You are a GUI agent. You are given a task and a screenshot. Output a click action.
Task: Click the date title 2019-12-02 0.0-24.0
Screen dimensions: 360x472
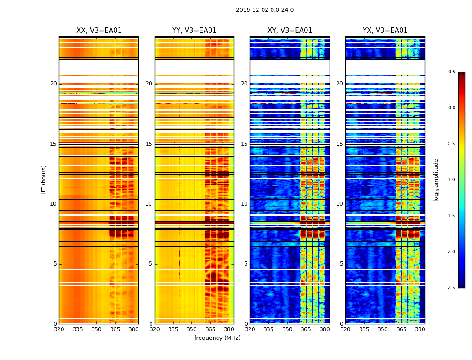(x=265, y=10)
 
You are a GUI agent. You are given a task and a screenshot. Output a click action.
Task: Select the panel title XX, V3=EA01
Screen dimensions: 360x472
(x=99, y=31)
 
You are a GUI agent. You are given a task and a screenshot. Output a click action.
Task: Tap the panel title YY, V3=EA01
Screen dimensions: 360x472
(x=194, y=31)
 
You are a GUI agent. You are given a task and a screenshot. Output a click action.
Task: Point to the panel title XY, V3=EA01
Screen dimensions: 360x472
(x=290, y=31)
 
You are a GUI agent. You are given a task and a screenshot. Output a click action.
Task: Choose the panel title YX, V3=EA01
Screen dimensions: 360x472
(x=385, y=31)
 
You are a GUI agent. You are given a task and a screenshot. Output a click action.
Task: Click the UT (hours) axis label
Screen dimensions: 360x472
(x=44, y=180)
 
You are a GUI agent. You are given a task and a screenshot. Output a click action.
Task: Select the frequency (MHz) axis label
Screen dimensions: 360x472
(x=217, y=338)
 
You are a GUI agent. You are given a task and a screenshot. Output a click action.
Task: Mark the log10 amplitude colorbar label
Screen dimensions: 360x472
(x=436, y=180)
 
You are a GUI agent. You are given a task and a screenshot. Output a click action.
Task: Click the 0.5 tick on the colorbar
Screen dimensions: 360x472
(x=451, y=72)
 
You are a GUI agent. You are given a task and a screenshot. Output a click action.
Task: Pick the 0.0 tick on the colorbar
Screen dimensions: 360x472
(x=451, y=108)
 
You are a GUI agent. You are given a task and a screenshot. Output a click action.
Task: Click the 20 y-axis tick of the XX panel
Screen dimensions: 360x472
(x=54, y=84)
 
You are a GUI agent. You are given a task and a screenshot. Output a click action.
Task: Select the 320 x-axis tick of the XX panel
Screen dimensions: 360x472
(x=59, y=329)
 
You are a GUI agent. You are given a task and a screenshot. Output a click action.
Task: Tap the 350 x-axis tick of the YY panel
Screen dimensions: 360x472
(x=192, y=329)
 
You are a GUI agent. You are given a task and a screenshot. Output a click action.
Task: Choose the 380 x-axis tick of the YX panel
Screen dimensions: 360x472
(x=420, y=329)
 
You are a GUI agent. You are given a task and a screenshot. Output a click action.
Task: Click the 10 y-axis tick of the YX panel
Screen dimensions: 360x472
(x=340, y=204)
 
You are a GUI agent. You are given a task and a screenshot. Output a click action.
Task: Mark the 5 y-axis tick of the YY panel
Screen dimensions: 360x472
(x=151, y=264)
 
